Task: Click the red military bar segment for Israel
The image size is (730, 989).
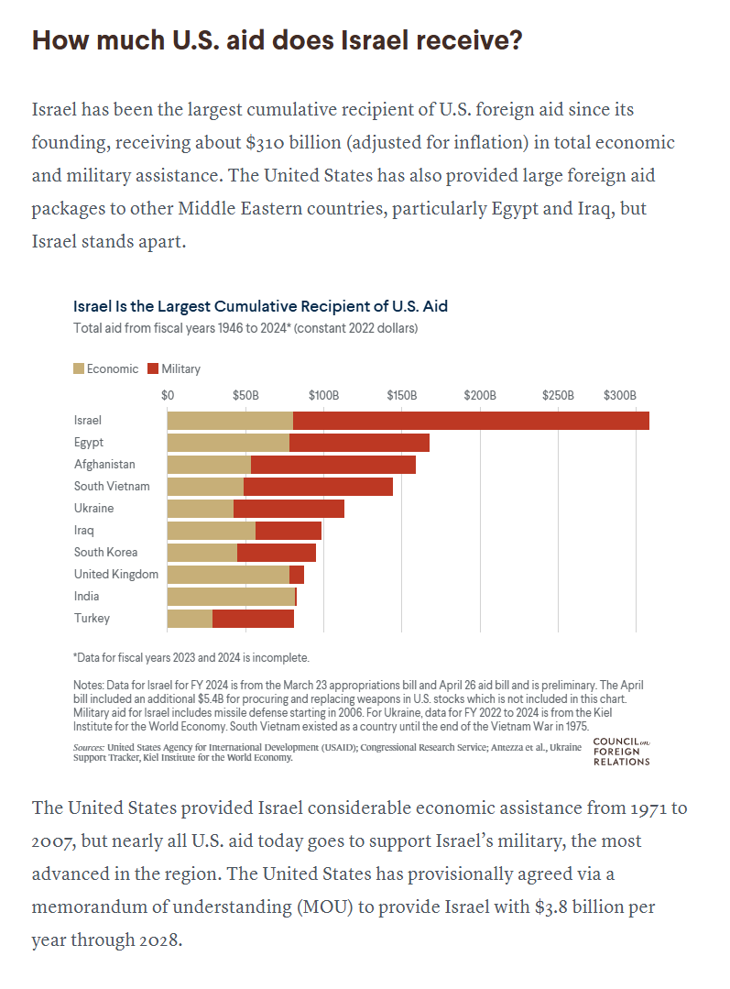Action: [x=471, y=421]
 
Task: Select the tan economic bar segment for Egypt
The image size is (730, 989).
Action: [x=228, y=443]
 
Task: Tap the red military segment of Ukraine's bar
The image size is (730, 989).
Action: [x=289, y=509]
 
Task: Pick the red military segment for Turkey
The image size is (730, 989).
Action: [x=253, y=619]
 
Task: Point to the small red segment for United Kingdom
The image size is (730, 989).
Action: [x=296, y=575]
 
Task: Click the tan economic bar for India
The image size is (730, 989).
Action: [x=231, y=597]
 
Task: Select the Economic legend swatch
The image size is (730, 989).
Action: [x=79, y=369]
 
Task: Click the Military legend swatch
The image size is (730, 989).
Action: [x=153, y=369]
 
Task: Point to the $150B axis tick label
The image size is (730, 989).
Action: [x=401, y=395]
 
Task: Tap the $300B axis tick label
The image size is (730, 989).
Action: [x=620, y=395]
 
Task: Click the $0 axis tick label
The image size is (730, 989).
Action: [x=168, y=395]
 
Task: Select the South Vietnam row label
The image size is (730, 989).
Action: [x=112, y=487]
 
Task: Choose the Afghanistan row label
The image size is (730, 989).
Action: [x=104, y=464]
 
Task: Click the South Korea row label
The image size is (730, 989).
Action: [x=105, y=553]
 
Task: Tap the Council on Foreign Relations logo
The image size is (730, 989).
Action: [x=622, y=752]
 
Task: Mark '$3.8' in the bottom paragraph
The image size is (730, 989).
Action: [x=550, y=907]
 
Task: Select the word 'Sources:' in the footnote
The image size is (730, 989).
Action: [x=88, y=747]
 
